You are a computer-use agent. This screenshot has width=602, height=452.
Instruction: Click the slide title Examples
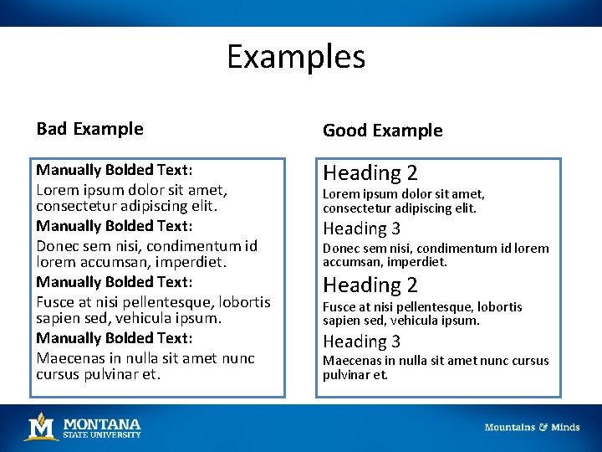(296, 57)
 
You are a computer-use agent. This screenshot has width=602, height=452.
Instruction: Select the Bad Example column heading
(89, 129)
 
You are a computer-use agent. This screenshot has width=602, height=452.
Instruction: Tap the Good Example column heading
(382, 131)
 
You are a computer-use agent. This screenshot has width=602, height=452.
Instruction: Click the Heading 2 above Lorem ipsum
(370, 173)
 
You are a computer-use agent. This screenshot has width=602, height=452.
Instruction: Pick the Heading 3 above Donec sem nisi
(361, 229)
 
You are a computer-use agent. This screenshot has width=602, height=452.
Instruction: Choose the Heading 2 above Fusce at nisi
(370, 285)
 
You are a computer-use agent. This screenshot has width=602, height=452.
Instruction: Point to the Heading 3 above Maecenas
(361, 342)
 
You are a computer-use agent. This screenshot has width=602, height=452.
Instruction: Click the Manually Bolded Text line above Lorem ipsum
(115, 170)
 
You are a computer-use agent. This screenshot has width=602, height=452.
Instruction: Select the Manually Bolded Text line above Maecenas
(115, 338)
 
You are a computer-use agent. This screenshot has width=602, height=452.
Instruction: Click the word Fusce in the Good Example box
(339, 307)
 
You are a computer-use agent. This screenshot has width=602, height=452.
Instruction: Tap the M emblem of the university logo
(41, 427)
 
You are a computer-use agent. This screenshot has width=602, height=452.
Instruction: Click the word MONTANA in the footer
(102, 423)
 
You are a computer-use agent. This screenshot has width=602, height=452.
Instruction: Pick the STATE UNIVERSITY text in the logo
(102, 434)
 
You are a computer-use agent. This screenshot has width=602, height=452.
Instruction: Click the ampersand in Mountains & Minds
(543, 428)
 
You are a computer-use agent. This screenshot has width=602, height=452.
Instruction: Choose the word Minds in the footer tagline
(565, 428)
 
